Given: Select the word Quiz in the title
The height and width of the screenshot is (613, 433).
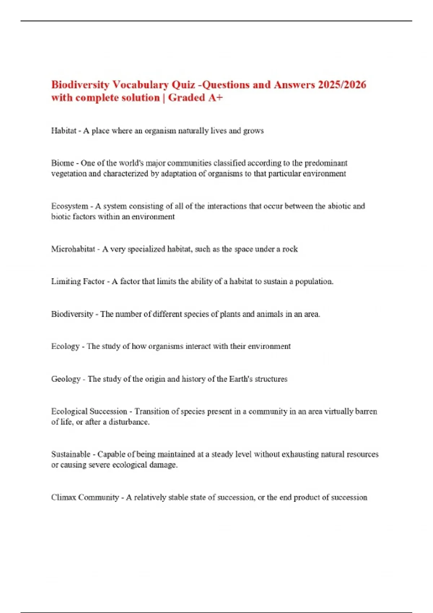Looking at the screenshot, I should click(x=183, y=85).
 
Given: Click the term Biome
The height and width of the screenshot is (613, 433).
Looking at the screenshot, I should click(x=62, y=163).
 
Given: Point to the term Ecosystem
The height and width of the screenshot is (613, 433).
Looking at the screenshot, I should click(x=70, y=206).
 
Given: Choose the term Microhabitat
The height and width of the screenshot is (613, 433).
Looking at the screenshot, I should click(x=73, y=249).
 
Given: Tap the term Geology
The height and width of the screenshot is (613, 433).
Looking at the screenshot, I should click(x=66, y=379).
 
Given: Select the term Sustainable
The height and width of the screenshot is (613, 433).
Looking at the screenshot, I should click(x=71, y=454).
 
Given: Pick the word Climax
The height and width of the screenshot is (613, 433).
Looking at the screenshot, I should click(x=64, y=498).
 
